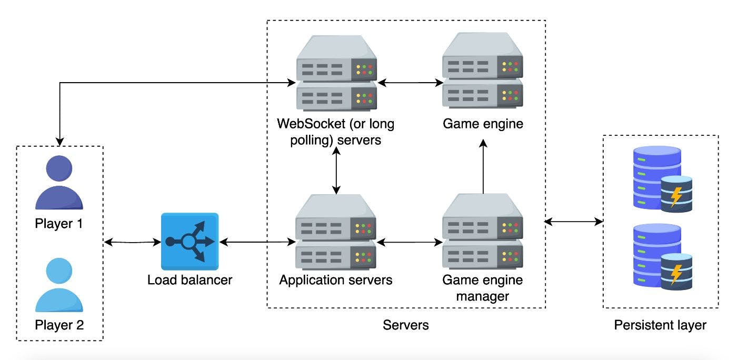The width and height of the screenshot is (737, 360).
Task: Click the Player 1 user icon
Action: coord(59,184)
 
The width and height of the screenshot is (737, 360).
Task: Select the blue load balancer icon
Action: coord(190,241)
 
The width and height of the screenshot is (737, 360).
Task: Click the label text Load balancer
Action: coord(190,279)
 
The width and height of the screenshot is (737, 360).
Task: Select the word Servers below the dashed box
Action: coord(405,325)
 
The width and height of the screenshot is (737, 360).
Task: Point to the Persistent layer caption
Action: coord(660,325)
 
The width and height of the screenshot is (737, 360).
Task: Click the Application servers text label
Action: coord(336,279)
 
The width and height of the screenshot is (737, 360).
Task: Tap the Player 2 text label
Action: coord(59,325)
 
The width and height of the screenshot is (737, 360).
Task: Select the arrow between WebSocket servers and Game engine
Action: coord(410,83)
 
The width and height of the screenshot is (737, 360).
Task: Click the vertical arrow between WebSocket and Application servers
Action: coord(336,169)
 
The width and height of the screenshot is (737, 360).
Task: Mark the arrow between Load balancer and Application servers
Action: coord(257,242)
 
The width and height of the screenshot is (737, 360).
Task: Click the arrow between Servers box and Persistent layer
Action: coord(573,222)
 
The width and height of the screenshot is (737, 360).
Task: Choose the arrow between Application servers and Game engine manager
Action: coord(410,243)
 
